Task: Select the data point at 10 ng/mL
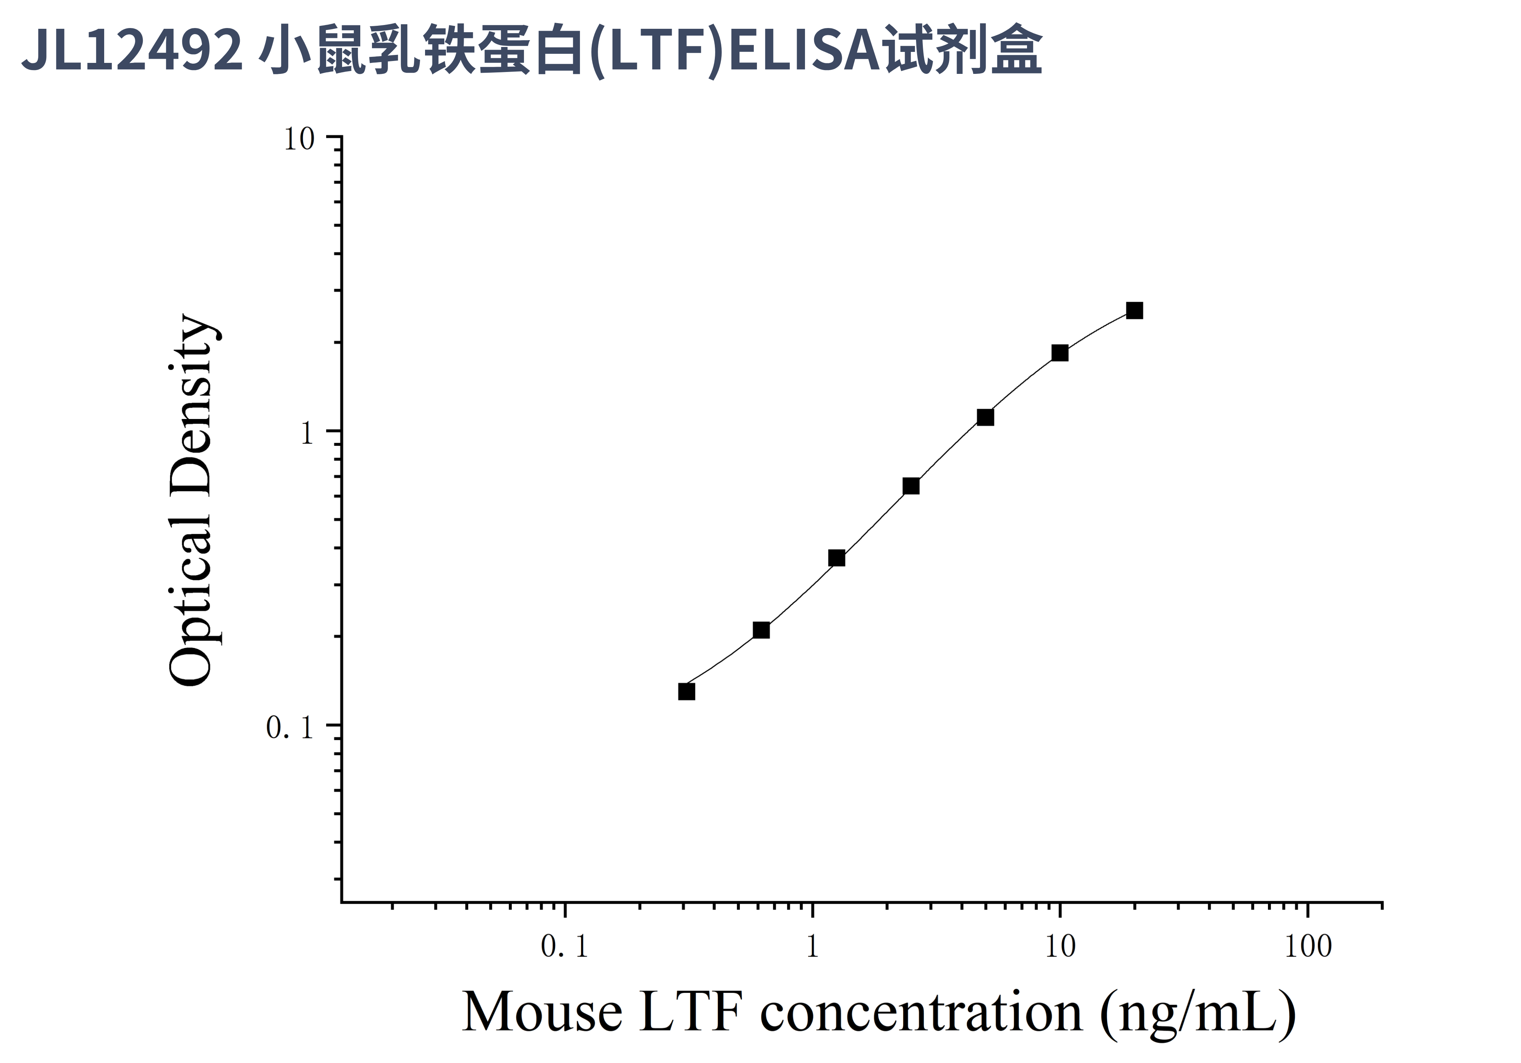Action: (1060, 353)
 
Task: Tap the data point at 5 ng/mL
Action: (985, 417)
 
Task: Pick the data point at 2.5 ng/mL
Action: (911, 486)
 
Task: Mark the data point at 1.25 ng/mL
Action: (837, 558)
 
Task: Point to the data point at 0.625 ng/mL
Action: (761, 630)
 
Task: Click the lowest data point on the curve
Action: (687, 691)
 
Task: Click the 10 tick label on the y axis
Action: (299, 139)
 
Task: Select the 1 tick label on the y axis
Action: (306, 434)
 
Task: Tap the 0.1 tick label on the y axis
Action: (289, 728)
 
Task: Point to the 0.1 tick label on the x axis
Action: (564, 947)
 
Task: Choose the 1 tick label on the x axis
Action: (812, 947)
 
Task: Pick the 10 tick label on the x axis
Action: (1060, 947)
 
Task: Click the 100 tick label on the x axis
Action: (1308, 947)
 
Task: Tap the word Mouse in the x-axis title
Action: (542, 1012)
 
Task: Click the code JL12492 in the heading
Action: (133, 50)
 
